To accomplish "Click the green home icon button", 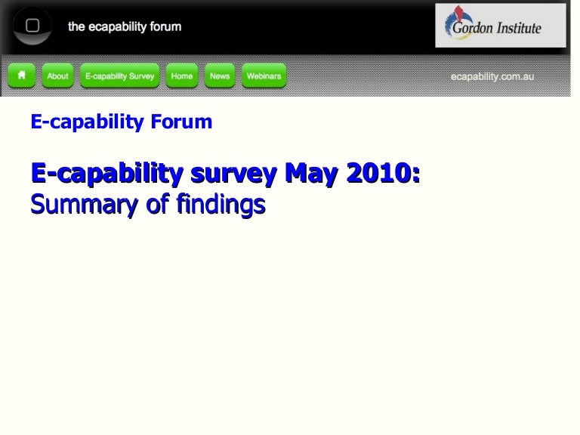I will [22, 76].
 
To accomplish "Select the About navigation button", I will [57, 76].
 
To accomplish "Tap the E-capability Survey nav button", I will [120, 76].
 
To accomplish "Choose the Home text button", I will [181, 76].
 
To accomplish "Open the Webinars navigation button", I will [264, 76].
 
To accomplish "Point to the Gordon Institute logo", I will [500, 25].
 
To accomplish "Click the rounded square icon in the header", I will [32, 26].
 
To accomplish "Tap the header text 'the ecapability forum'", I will [125, 26].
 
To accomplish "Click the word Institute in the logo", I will [517, 29].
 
